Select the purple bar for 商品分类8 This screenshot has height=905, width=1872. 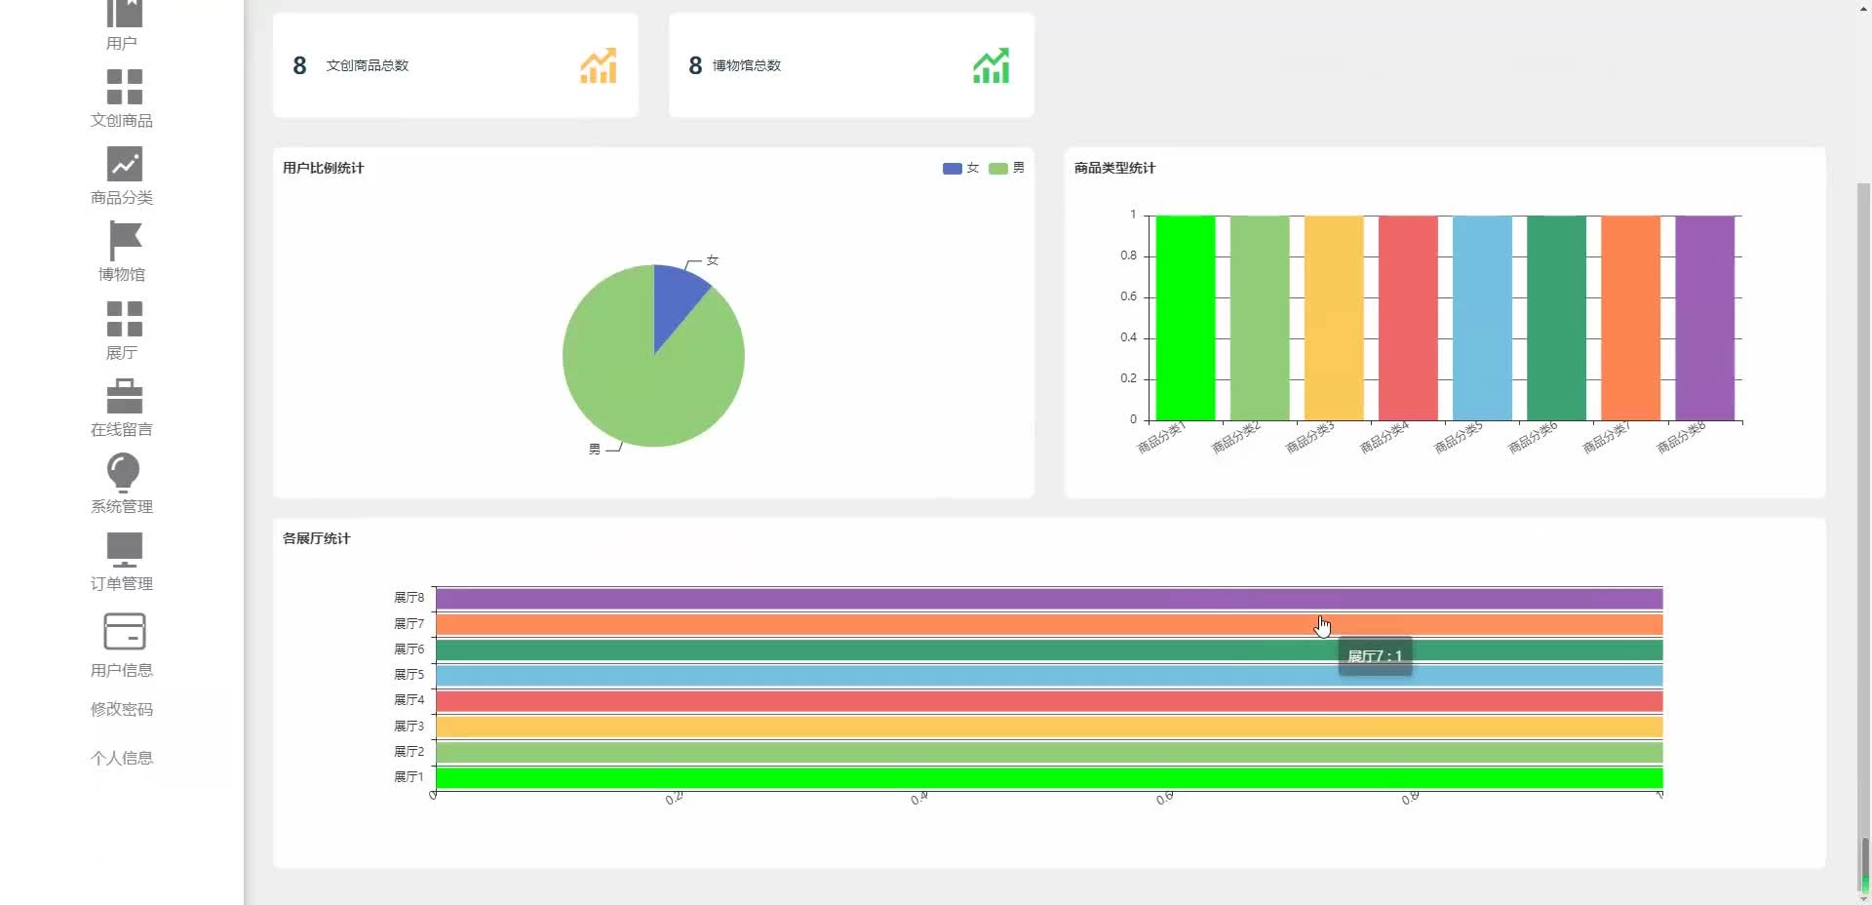pyautogui.click(x=1704, y=318)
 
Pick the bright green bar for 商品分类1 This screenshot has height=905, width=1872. pyautogui.click(x=1185, y=318)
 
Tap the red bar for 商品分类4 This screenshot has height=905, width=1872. pyautogui.click(x=1407, y=318)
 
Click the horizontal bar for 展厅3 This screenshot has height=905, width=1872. pyautogui.click(x=1048, y=727)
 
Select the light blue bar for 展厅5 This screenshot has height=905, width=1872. pyautogui.click(x=1048, y=675)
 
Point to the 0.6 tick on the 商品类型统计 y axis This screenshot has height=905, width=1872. pyautogui.click(x=1128, y=296)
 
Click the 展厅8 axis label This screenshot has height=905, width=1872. pyautogui.click(x=409, y=598)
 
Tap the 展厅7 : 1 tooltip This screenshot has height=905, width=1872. pyautogui.click(x=1375, y=656)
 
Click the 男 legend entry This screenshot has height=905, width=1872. pyautogui.click(x=1006, y=168)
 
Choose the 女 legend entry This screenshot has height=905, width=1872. pyautogui.click(x=960, y=168)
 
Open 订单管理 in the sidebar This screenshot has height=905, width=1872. pyautogui.click(x=122, y=583)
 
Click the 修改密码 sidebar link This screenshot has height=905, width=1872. pyautogui.click(x=122, y=709)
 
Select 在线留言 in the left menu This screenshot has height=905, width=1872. pyautogui.click(x=122, y=429)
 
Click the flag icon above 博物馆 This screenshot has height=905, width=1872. pyautogui.click(x=124, y=241)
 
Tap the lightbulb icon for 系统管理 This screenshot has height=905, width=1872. pyautogui.click(x=123, y=473)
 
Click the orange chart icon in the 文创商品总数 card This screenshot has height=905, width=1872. pyautogui.click(x=599, y=65)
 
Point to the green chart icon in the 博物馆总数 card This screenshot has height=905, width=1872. pyautogui.click(x=991, y=65)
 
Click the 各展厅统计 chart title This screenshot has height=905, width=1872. pyautogui.click(x=316, y=538)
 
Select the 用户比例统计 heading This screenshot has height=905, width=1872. pyautogui.click(x=323, y=168)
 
